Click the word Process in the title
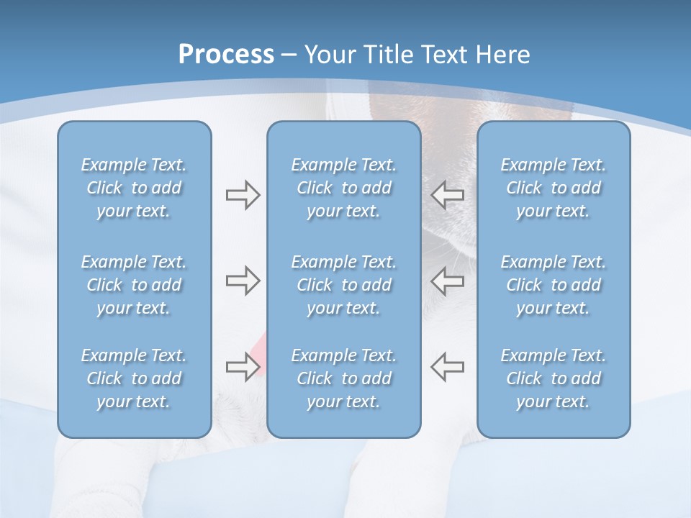click(226, 55)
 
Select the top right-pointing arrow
click(243, 195)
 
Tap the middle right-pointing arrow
click(243, 281)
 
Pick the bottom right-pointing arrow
click(243, 367)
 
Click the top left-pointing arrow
click(448, 195)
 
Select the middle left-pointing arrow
click(448, 281)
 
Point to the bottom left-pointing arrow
click(448, 367)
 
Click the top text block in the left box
click(134, 188)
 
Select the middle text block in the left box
click(134, 285)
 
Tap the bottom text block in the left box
click(134, 378)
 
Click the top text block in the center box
click(343, 188)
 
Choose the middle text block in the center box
click(343, 285)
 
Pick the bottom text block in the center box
click(343, 378)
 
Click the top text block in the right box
click(553, 188)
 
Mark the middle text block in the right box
click(553, 285)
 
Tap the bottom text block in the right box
click(553, 378)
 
